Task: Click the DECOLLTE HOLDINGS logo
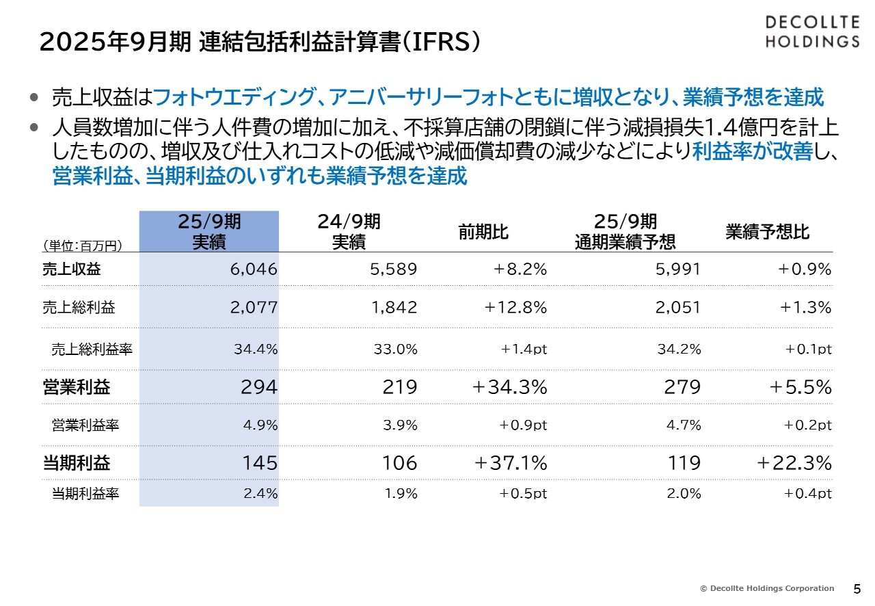click(x=811, y=32)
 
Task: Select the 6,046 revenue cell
click(x=254, y=269)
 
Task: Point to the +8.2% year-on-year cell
click(x=520, y=269)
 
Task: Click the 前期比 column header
click(x=483, y=232)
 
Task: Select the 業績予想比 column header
click(x=767, y=232)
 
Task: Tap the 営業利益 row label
click(x=76, y=387)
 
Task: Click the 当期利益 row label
click(x=76, y=463)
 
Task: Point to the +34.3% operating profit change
click(x=510, y=387)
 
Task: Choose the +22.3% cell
click(x=794, y=463)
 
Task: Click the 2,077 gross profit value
click(x=254, y=307)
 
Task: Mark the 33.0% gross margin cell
click(x=395, y=349)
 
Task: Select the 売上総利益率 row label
click(x=92, y=350)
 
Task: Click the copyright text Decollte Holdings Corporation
click(x=767, y=588)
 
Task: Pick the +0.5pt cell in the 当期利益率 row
click(x=523, y=493)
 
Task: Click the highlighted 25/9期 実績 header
click(x=209, y=231)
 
